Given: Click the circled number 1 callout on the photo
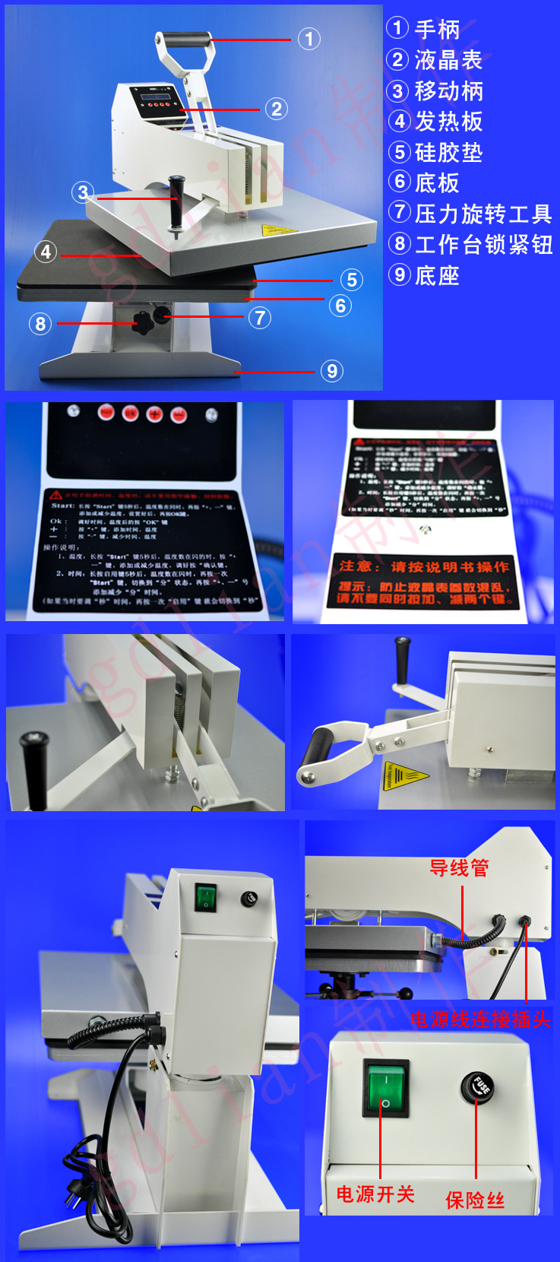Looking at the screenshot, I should tap(308, 39).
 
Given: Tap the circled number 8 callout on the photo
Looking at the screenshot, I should tap(40, 324).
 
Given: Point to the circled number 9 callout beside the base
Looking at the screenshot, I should tap(331, 371).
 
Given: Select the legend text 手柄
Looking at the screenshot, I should tap(437, 30).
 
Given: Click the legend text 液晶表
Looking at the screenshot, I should tap(448, 60).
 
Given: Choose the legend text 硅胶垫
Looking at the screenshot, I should tap(448, 153).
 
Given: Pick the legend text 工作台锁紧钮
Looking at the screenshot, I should tap(483, 245).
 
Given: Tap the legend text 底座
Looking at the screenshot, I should tap(437, 275).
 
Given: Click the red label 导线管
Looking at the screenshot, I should tap(459, 868).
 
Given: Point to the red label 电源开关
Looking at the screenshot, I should tap(375, 1194).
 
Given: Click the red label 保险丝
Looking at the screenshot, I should tap(475, 1200).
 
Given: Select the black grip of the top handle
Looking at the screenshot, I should tap(183, 39).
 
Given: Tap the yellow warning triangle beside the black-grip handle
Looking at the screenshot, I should tap(400, 775).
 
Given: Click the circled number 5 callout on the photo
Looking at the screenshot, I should tap(351, 280).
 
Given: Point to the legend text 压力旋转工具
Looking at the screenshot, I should tap(483, 214).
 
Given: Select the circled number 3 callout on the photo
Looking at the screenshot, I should tap(83, 192).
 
